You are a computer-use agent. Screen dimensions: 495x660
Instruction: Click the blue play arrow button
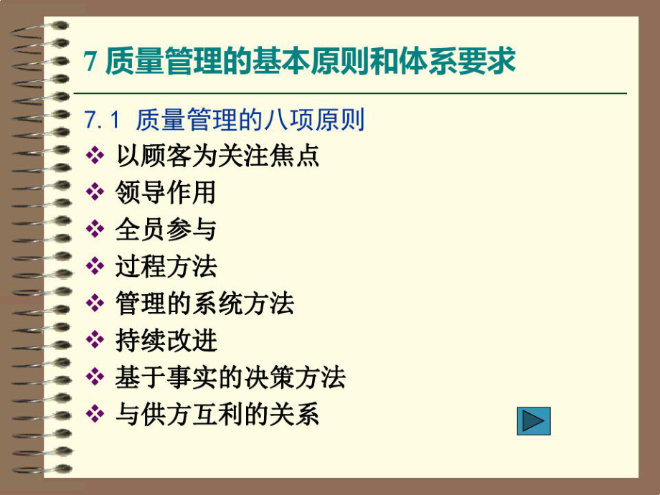[534, 420]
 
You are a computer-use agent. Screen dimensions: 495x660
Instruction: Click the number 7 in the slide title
[90, 62]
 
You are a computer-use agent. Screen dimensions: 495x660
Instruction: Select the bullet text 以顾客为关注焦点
[217, 156]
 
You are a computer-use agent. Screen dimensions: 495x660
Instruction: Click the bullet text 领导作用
[165, 192]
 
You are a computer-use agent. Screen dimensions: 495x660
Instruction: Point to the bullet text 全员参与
[165, 230]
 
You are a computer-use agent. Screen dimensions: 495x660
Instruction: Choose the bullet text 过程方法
[165, 267]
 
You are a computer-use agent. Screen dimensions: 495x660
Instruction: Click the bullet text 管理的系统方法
[204, 303]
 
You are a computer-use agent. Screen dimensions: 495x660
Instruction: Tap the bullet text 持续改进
[165, 341]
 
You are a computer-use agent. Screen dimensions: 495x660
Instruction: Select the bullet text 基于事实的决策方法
[230, 377]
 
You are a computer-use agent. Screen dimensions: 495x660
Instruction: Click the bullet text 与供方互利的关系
[217, 415]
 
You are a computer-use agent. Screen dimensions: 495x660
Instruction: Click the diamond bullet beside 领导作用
[95, 192]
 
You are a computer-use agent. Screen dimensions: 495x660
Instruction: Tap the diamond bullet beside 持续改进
[95, 341]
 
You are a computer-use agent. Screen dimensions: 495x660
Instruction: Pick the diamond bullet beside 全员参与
[95, 230]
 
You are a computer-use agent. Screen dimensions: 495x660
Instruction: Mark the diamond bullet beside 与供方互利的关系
[95, 415]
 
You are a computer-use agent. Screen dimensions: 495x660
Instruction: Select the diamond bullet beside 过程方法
[95, 267]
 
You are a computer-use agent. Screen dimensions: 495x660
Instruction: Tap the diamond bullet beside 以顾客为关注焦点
[95, 156]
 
